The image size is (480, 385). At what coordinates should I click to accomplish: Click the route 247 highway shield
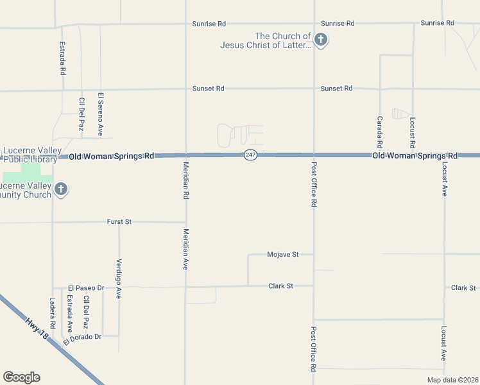coord(250,156)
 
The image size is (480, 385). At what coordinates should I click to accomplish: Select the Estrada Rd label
coord(62,59)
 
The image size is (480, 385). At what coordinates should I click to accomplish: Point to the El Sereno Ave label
coord(100,114)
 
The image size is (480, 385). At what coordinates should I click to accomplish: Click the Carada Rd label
coord(379,132)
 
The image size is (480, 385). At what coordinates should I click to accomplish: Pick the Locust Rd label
coord(413,132)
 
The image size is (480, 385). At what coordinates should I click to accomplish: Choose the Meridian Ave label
coord(185,249)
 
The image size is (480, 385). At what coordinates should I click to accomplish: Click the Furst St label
coord(119,221)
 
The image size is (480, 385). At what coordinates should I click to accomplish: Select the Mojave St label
coord(283,255)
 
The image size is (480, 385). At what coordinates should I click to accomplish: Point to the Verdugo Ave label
coord(119,279)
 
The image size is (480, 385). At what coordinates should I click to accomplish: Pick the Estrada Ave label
coord(70,312)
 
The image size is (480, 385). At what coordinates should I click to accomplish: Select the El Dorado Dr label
coord(83,338)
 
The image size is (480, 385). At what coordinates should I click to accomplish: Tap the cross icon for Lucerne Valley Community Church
coord(61,189)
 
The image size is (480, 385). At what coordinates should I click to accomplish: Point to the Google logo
coord(21,377)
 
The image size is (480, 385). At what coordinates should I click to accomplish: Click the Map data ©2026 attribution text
coord(452,380)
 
